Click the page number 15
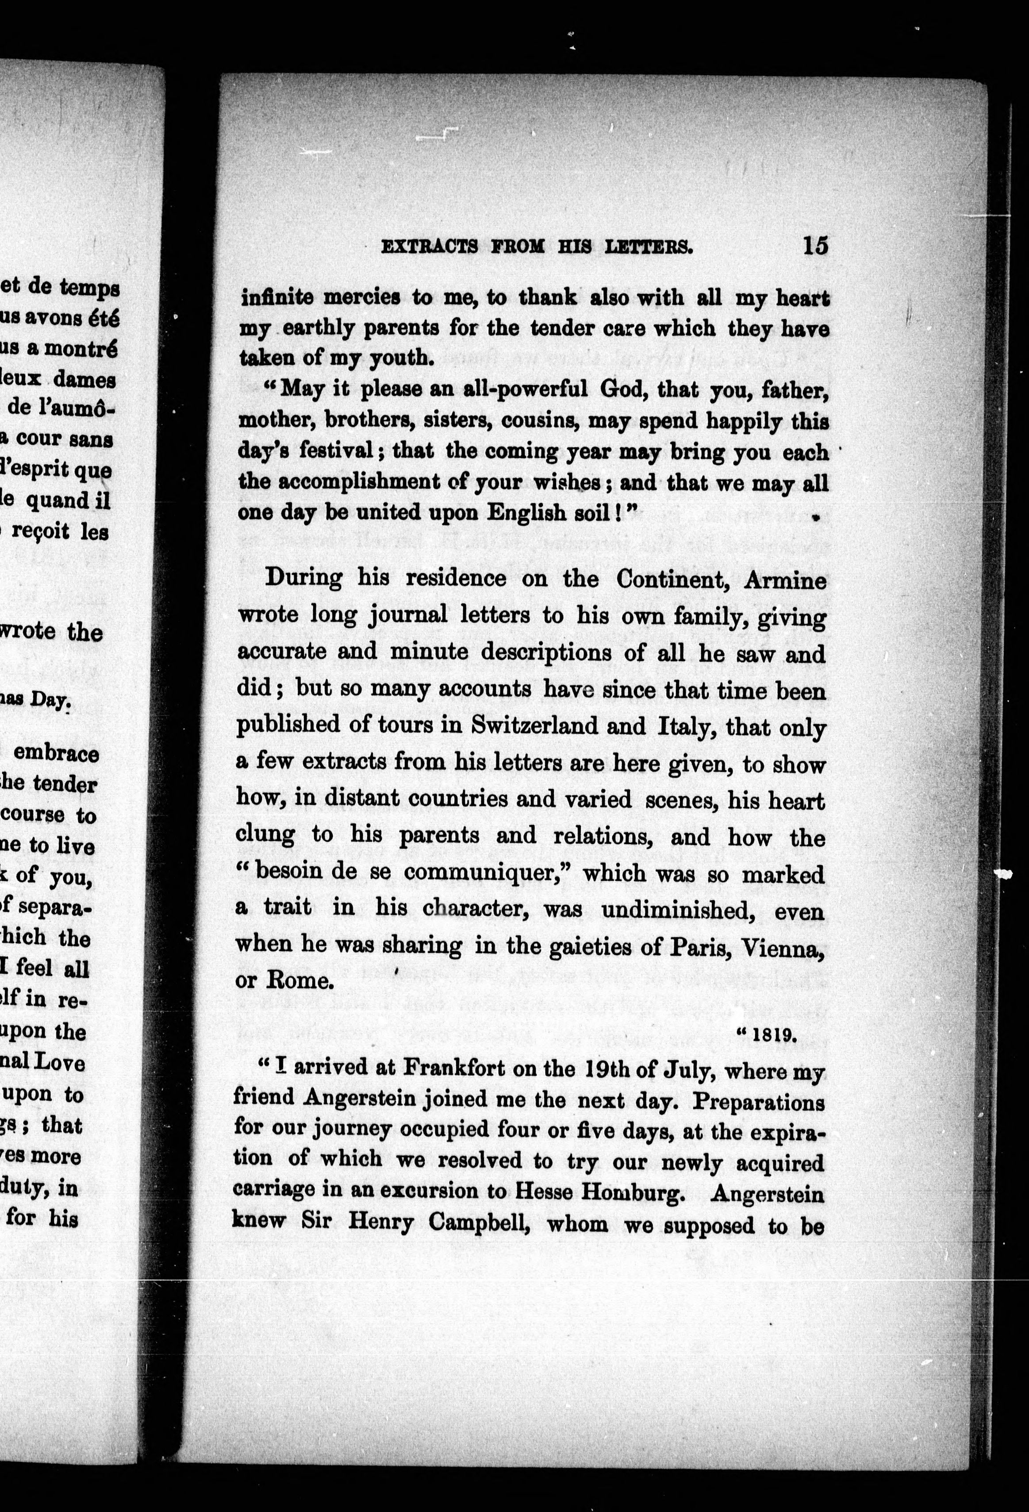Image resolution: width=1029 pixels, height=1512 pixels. coord(815,246)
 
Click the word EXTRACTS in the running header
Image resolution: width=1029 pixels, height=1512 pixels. coord(429,247)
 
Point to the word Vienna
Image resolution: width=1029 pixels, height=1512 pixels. coord(788,947)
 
